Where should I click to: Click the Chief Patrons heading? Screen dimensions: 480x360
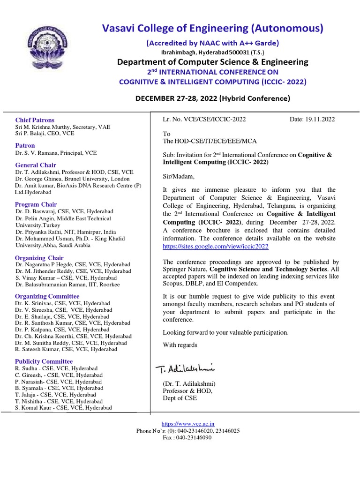click(35, 120)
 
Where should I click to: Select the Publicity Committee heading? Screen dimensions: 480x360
click(44, 361)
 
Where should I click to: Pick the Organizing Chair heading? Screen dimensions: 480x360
click(39, 258)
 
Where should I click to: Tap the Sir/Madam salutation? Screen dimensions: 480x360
click(178, 176)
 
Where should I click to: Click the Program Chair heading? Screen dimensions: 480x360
click(36, 204)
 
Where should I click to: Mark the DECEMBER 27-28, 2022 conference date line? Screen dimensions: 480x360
click(213, 98)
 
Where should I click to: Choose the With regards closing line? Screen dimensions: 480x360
click(180, 345)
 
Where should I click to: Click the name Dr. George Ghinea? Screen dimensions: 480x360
click(39, 179)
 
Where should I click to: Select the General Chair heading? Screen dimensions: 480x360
click(35, 165)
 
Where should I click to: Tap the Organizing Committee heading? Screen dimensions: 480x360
click(47, 296)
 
